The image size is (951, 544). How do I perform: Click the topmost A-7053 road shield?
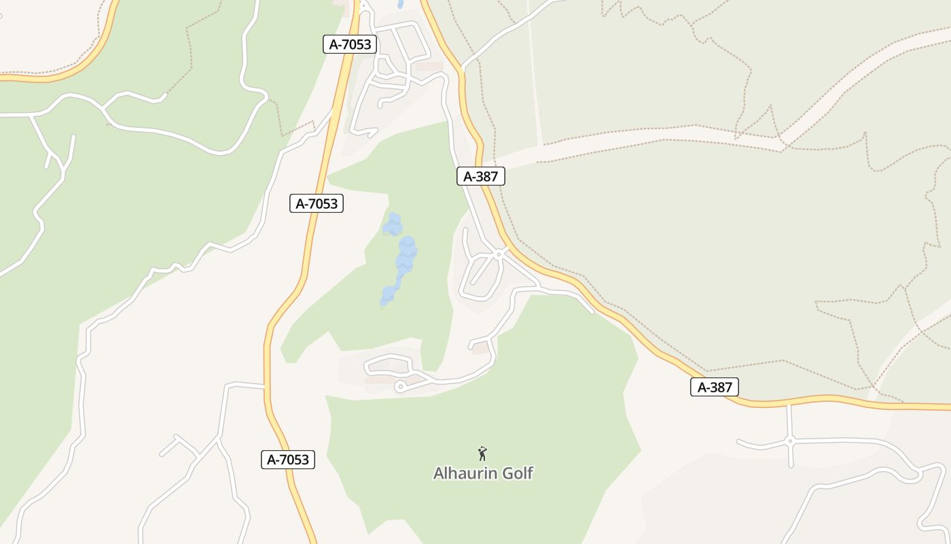350,45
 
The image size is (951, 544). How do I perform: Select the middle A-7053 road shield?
317,203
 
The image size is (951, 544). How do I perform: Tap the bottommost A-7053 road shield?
288,460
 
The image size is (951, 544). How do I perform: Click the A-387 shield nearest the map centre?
481,177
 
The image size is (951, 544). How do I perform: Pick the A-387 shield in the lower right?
715,388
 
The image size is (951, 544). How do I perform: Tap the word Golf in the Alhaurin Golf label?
517,473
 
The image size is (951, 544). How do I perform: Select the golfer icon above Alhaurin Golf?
482,454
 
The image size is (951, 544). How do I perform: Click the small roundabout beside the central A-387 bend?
499,254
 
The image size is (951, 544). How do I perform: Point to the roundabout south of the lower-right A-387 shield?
789,441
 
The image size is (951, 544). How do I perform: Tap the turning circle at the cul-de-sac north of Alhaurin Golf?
400,387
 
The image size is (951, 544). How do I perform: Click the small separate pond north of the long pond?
392,224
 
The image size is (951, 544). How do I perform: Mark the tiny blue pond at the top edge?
400,4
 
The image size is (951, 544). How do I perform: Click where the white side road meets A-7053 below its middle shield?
265,386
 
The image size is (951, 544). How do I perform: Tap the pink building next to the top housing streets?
429,67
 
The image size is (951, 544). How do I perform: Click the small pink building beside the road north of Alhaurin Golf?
480,348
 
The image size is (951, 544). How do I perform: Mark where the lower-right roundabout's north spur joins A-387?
789,405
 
